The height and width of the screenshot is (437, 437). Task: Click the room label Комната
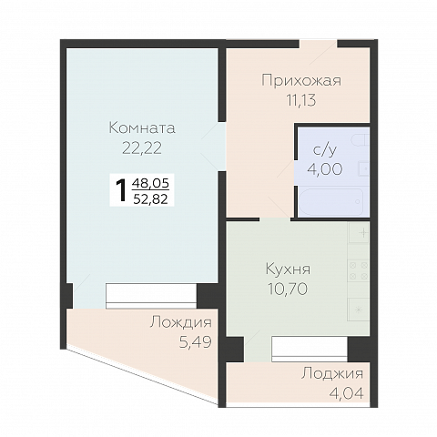141,128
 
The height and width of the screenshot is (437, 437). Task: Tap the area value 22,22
141,146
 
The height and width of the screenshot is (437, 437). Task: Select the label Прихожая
300,81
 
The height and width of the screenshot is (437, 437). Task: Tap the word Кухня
288,270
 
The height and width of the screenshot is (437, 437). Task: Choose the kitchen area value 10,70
288,288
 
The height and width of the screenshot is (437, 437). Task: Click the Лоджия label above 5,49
181,322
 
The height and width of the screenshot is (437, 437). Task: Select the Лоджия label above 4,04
331,373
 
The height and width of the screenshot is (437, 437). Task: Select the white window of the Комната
150,295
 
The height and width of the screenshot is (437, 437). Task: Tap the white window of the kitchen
309,347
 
